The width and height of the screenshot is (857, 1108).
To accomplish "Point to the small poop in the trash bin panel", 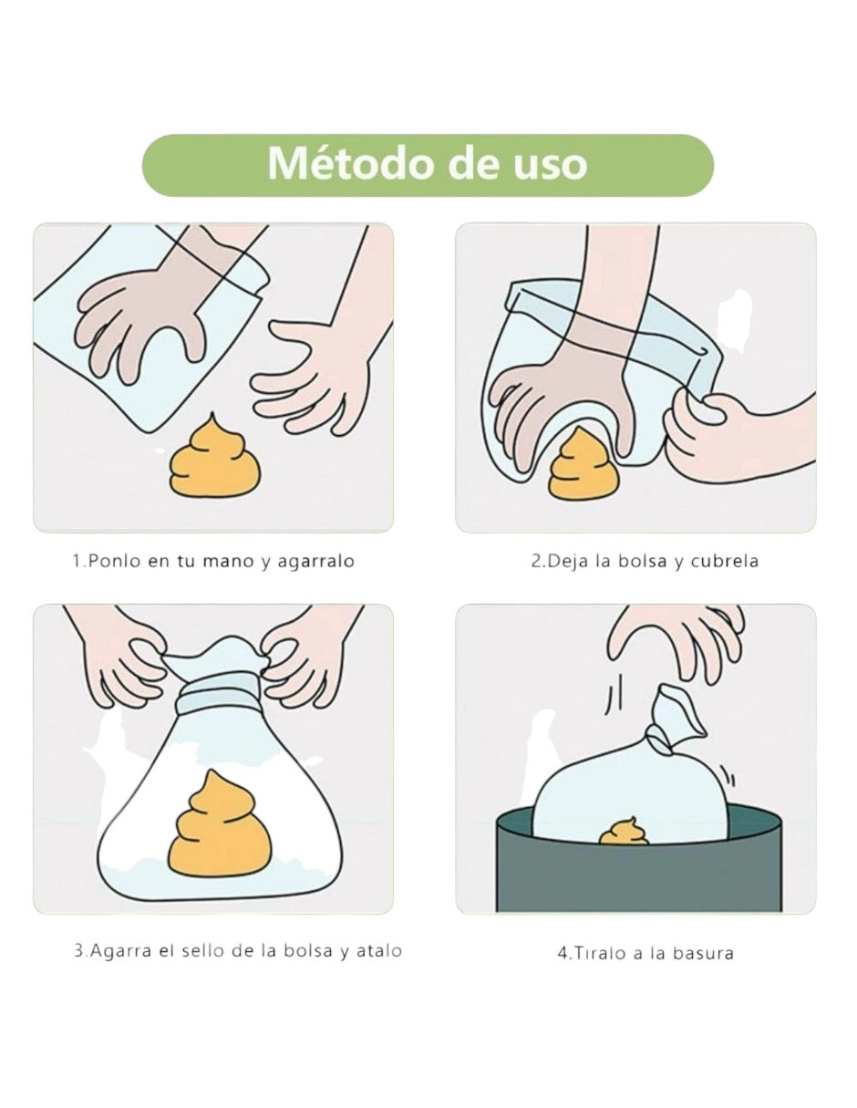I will [x=624, y=832].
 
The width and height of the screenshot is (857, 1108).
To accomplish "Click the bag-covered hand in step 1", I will [x=150, y=315].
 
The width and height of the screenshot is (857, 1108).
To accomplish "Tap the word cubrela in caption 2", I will [x=724, y=561].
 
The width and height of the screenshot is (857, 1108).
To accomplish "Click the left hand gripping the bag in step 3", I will [x=128, y=657].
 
